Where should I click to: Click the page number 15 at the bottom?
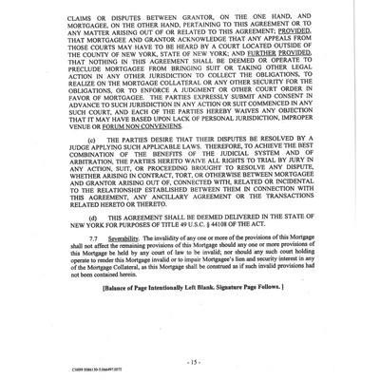(x=193, y=337)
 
